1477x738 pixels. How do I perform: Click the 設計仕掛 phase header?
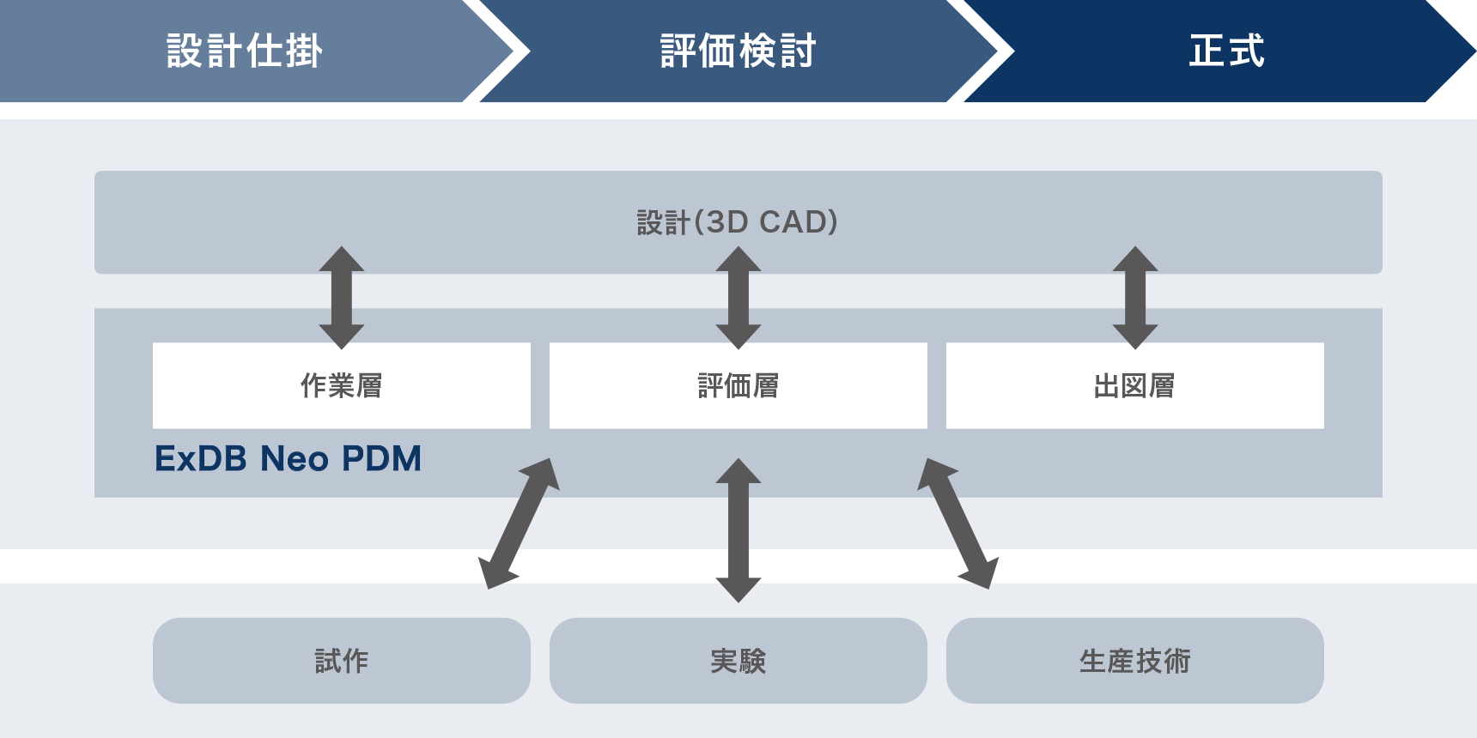[245, 51]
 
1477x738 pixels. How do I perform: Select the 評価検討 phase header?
[738, 51]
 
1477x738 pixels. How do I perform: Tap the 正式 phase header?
[1226, 51]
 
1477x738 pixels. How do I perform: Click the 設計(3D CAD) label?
[738, 222]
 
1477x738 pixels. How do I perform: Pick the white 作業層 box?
[342, 385]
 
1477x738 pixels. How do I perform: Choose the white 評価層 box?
[738, 385]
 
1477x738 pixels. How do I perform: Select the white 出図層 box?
[1135, 385]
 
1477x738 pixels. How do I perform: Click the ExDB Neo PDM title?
[288, 459]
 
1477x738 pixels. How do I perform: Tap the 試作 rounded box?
[342, 661]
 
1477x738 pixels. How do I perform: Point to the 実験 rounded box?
[738, 661]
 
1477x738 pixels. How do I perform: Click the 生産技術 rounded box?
[1135, 661]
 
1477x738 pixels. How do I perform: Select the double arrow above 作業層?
[342, 298]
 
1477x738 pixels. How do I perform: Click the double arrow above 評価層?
[738, 298]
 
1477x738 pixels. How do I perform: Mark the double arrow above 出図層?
[1135, 298]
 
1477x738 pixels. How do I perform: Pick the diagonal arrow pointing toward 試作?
[520, 523]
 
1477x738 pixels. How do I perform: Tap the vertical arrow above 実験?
[738, 530]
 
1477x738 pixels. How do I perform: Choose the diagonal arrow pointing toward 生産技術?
[957, 523]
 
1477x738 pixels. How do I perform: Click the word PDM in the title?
[381, 459]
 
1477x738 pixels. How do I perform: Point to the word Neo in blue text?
[295, 459]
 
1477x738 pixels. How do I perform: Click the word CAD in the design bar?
[793, 222]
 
